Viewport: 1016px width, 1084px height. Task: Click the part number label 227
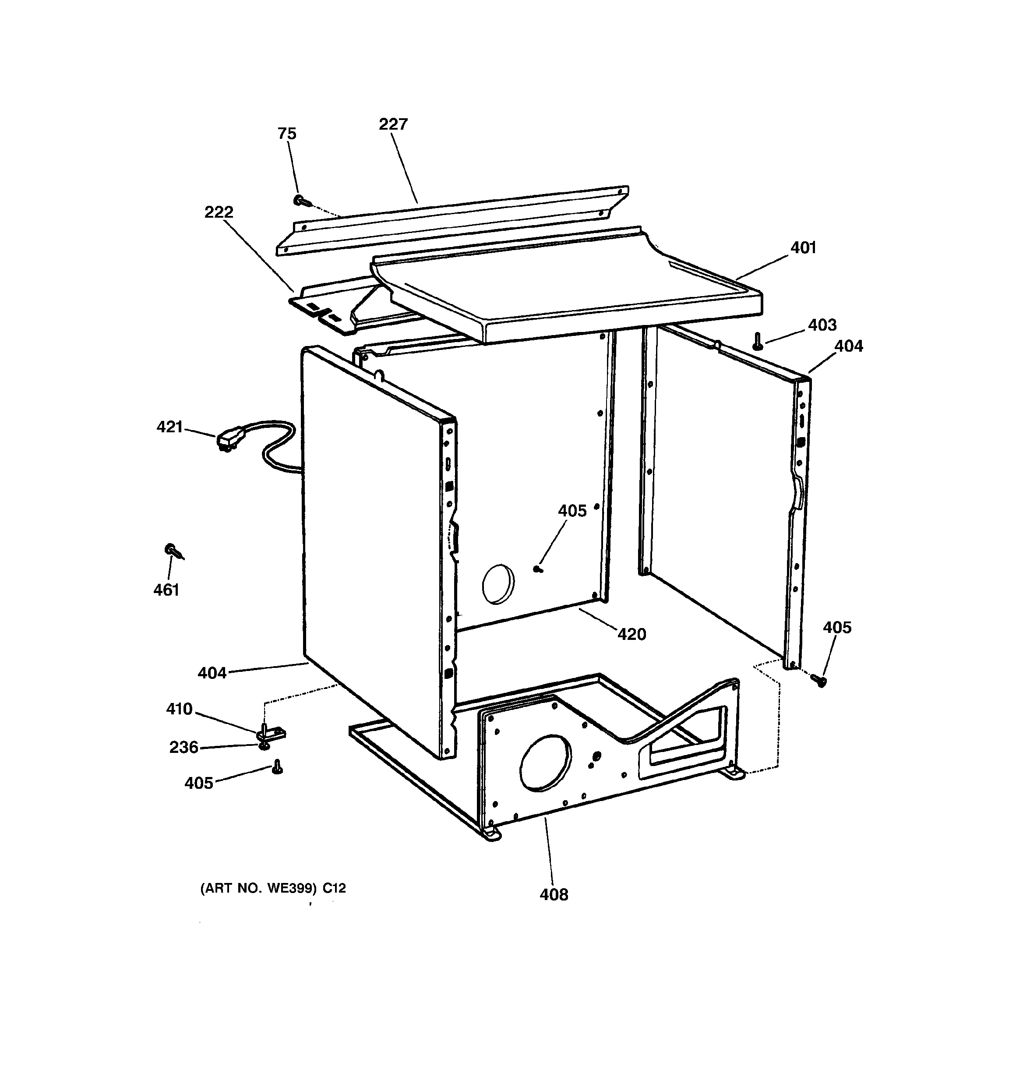tap(393, 124)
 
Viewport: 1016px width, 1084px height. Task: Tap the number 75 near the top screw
tap(287, 134)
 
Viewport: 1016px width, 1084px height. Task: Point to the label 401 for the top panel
tap(803, 248)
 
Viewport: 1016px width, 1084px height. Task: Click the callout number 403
tap(822, 325)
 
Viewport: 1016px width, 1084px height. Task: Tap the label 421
tap(169, 427)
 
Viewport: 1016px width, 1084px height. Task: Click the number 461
tap(166, 590)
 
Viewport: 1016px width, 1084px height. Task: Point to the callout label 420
tap(631, 634)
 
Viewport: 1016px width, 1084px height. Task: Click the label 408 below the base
tap(554, 894)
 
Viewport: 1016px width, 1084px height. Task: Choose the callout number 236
tap(184, 747)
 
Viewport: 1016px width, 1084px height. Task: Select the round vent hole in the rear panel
tap(498, 584)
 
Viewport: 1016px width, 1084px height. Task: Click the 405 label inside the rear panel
tap(572, 511)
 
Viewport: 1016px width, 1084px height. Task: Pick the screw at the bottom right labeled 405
tap(818, 680)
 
